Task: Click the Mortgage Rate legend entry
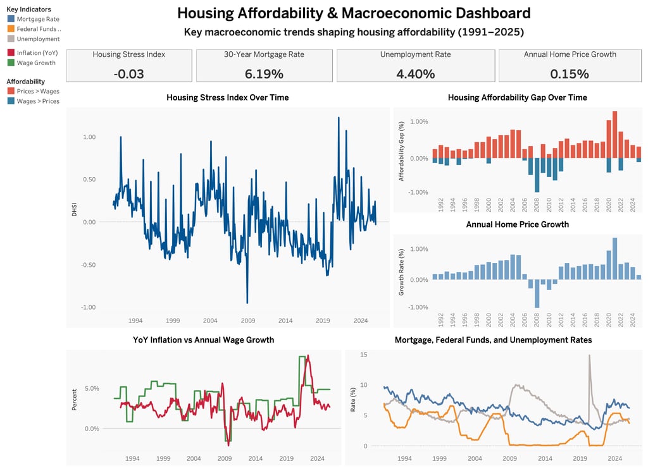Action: point(37,19)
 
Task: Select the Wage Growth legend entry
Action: point(35,63)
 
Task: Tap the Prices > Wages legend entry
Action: point(37,91)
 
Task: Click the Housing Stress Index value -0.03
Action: point(129,73)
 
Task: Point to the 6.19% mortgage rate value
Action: point(264,73)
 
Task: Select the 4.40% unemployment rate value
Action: point(416,73)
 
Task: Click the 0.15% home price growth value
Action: point(570,73)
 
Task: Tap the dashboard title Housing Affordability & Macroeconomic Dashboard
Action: point(354,13)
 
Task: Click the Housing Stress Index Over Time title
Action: point(227,97)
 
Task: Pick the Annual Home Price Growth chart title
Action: point(517,224)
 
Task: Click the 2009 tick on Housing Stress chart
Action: point(247,321)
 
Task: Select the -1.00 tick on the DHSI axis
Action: point(88,307)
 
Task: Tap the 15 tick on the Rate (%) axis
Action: point(363,354)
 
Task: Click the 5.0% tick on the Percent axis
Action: point(92,388)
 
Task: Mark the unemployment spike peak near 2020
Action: point(589,355)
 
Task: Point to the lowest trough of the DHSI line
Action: point(247,303)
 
